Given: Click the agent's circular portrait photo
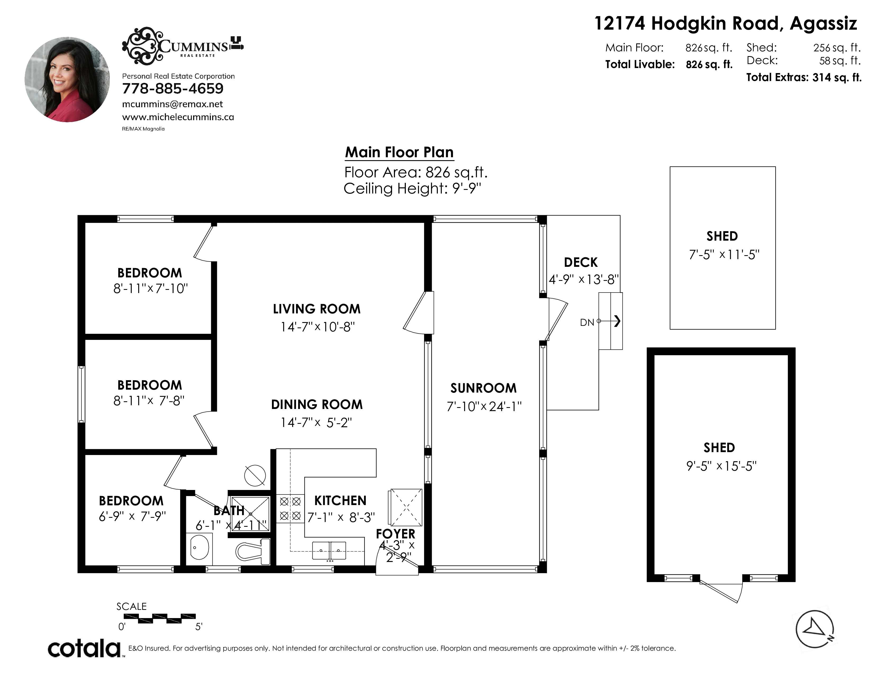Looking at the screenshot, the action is tap(67, 80).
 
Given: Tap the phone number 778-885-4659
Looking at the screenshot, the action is tap(173, 88).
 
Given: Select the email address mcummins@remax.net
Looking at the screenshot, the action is tap(172, 104).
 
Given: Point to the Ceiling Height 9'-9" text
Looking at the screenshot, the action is tap(412, 188).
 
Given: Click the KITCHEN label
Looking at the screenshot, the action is tap(340, 500).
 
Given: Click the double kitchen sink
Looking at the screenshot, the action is tap(329, 550).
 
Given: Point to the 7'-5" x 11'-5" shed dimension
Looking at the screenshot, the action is tap(724, 255).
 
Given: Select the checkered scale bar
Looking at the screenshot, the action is tap(160, 618).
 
